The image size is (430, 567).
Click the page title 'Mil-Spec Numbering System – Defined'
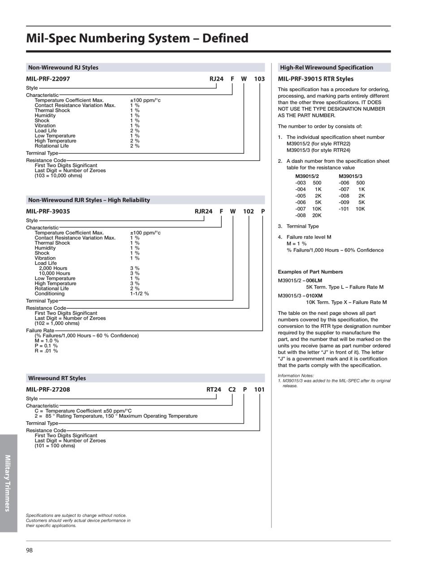pyautogui.click(x=137, y=38)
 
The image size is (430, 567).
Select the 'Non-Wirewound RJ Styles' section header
pyautogui.click(x=63, y=68)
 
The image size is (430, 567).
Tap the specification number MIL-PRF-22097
pyautogui.click(x=48, y=79)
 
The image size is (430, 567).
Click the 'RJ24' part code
pyautogui.click(x=216, y=79)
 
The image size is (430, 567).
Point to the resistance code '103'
pyautogui.click(x=259, y=79)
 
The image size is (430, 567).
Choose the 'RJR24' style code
pyautogui.click(x=203, y=212)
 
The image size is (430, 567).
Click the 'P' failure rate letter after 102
pyautogui.click(x=263, y=212)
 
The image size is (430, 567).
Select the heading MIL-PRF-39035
pyautogui.click(x=48, y=212)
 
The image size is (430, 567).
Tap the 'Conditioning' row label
pyautogui.click(x=50, y=294)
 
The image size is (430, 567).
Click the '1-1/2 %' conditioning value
pyautogui.click(x=139, y=294)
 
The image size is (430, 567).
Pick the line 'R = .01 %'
pyautogui.click(x=46, y=351)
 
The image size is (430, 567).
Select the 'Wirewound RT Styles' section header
pyautogui.click(x=57, y=378)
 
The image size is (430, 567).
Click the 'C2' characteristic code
pyautogui.click(x=232, y=390)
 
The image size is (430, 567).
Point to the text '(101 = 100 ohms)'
pyautogui.click(x=55, y=446)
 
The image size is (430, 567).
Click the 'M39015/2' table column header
pyautogui.click(x=307, y=176)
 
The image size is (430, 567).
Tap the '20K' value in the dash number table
pyautogui.click(x=317, y=216)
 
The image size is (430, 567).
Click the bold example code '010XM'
pyautogui.click(x=314, y=296)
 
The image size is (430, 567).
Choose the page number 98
pyautogui.click(x=29, y=550)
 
